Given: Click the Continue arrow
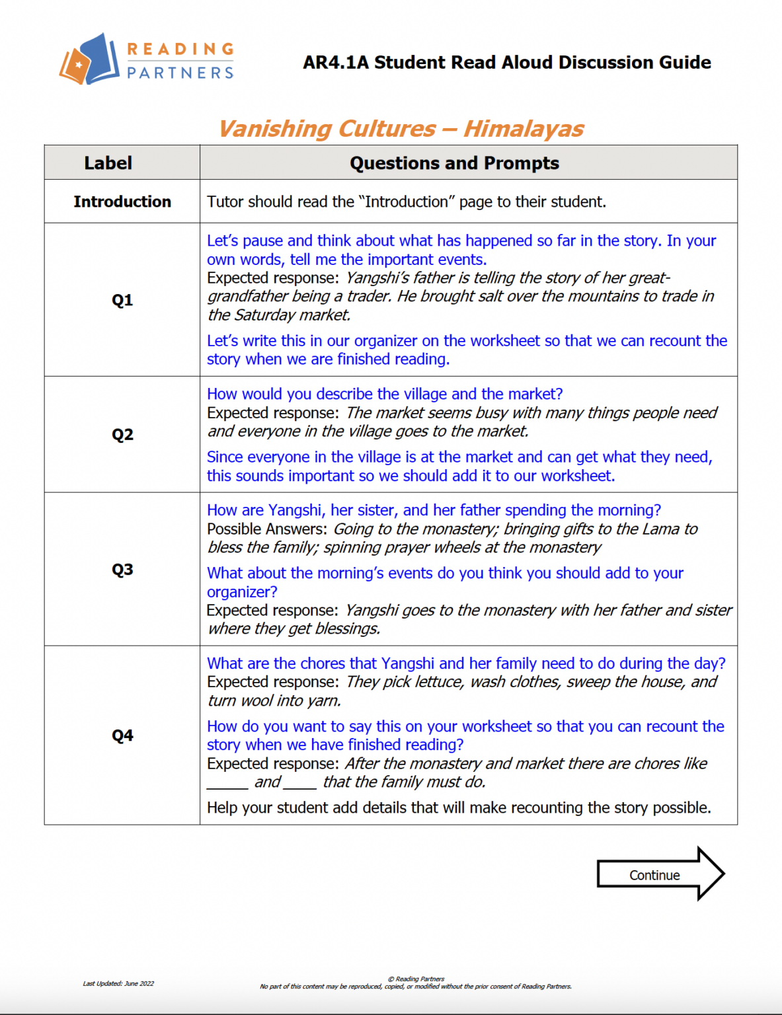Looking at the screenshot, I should (659, 874).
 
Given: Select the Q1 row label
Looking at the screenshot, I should (122, 300).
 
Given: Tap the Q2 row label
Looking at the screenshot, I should (122, 435).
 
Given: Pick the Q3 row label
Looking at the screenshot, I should (122, 570).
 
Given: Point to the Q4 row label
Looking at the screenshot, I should (122, 735).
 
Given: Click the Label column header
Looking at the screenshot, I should (108, 163).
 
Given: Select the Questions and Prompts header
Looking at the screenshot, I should (454, 163).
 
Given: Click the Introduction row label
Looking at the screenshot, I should (122, 202).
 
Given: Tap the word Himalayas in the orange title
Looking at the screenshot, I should (524, 128).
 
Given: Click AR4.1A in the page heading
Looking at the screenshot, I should (336, 63).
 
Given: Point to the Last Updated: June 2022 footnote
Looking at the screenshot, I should (118, 983).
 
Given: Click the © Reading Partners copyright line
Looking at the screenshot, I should (416, 979).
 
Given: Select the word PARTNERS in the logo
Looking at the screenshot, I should (180, 73).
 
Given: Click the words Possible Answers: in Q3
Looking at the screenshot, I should (266, 529).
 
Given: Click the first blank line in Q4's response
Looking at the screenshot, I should (227, 783).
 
